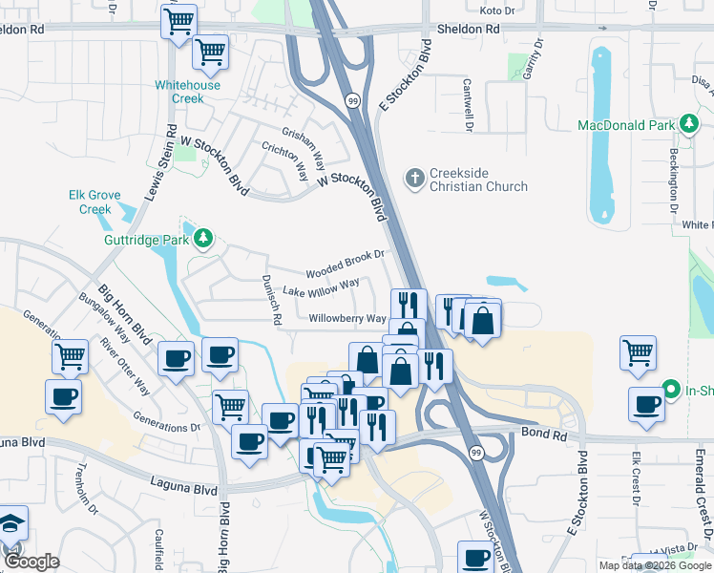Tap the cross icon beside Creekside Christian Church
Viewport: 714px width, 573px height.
414,178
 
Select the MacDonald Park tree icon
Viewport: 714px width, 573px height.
687,125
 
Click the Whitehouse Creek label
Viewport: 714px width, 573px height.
187,92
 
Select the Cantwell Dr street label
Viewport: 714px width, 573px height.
469,104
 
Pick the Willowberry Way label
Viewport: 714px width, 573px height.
347,319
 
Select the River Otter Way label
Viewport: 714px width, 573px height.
124,368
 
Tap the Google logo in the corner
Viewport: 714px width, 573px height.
31,562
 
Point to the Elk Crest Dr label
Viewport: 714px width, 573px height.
634,483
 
